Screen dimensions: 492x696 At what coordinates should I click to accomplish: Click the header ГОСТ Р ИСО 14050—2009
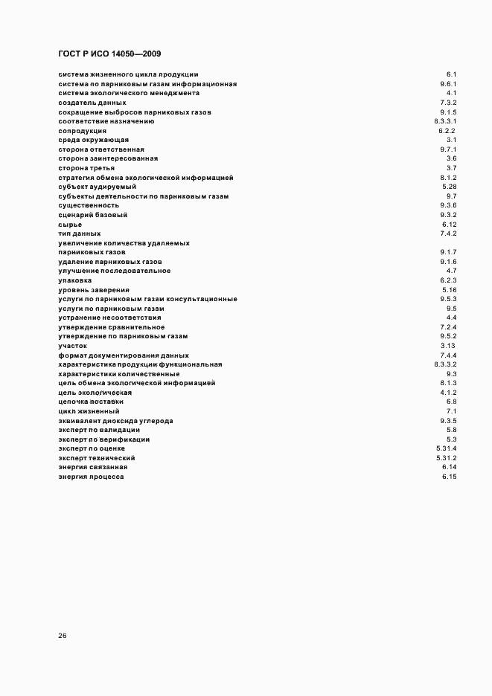(109, 54)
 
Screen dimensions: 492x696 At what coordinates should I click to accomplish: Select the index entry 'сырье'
(70, 225)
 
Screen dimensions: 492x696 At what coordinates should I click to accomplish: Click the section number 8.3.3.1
(445, 121)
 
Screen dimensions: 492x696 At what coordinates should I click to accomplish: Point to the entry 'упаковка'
(75, 280)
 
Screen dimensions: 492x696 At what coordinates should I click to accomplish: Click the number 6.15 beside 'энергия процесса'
(449, 477)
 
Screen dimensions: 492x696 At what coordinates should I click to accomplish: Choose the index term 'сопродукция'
(82, 131)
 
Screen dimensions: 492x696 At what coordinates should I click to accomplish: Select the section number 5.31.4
(446, 448)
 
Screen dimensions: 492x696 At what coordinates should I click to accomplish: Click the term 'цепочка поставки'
(91, 402)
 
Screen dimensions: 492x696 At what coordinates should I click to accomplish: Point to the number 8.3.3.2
(445, 364)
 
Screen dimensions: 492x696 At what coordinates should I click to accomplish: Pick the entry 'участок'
(73, 346)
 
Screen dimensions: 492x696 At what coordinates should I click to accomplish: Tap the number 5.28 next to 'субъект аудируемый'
(449, 187)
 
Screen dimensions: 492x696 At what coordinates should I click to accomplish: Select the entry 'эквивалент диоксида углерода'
(115, 421)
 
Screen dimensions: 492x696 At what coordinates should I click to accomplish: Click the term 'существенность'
(89, 205)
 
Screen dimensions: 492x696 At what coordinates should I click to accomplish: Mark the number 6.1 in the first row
(451, 74)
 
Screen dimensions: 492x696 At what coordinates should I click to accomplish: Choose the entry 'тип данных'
(79, 233)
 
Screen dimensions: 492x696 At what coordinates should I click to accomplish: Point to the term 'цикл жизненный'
(89, 411)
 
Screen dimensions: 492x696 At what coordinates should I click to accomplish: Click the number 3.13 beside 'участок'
(448, 346)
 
